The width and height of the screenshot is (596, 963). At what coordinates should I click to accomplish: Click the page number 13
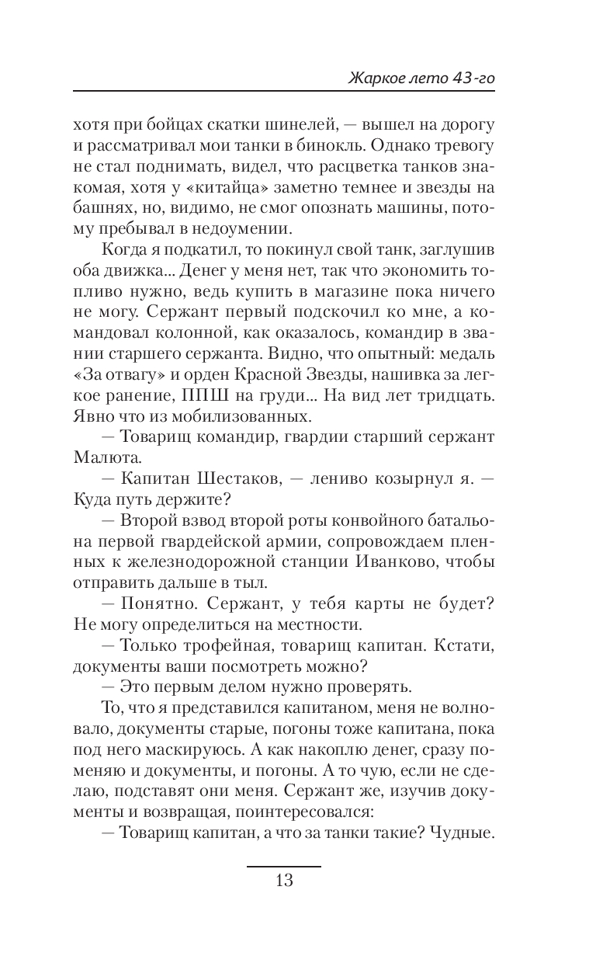pos(283,881)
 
